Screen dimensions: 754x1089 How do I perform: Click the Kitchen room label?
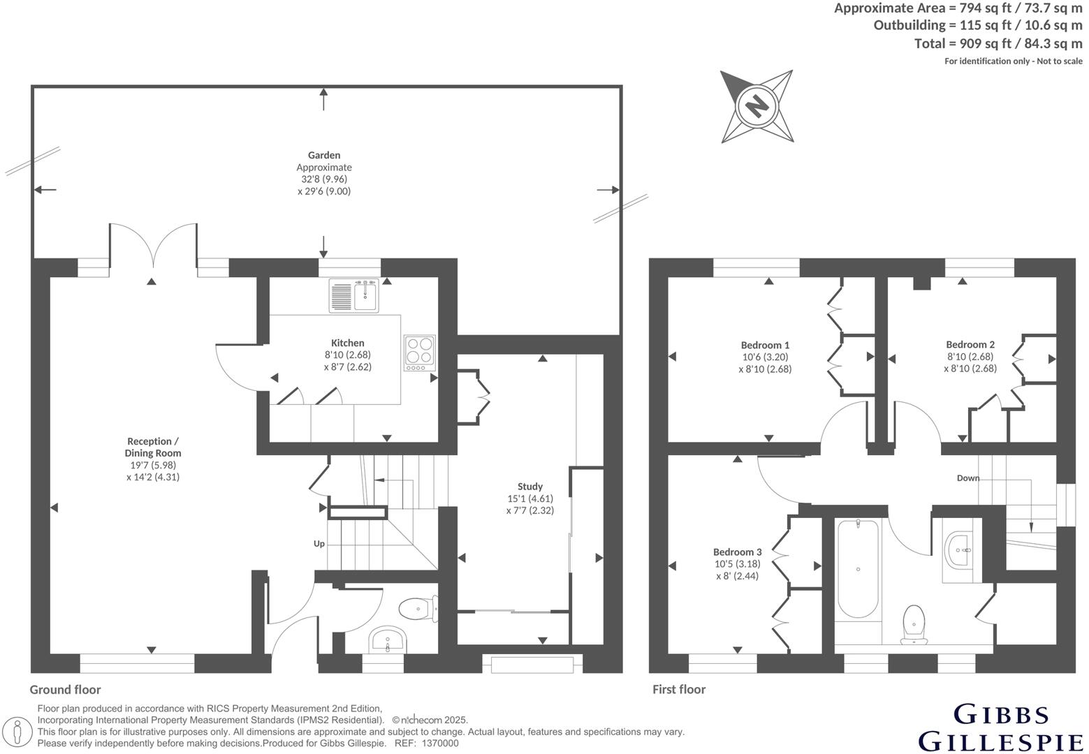coord(347,343)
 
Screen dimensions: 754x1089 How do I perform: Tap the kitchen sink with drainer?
coord(353,295)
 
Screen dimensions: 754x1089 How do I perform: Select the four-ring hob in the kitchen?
coord(420,353)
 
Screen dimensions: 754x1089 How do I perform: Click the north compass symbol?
coord(757,106)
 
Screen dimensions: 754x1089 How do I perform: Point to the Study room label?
coord(529,487)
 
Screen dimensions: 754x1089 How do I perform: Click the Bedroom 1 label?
coord(765,345)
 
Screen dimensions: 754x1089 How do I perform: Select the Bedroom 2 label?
coord(970,344)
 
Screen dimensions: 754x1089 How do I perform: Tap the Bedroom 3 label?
coord(737,552)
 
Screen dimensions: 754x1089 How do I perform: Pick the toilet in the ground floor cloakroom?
coord(421,609)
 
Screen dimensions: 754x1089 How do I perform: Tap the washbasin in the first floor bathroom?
coord(961,550)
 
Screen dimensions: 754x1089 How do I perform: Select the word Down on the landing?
coord(968,478)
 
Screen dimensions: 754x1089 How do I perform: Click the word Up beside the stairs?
coord(319,543)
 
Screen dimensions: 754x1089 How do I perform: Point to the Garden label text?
coord(324,155)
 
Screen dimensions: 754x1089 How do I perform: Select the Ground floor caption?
coord(65,690)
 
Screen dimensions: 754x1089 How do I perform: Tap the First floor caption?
coord(679,690)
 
